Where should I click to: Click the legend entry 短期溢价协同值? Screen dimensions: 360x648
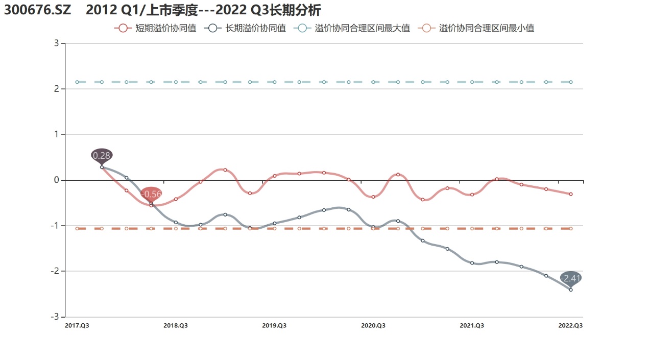tap(156, 29)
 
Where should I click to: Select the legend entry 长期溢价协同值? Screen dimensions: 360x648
tap(245, 29)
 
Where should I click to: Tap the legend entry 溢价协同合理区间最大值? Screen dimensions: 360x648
tap(352, 29)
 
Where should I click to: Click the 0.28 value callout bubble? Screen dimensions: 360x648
tap(102, 155)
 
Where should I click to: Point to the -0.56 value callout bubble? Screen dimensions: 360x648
tap(151, 194)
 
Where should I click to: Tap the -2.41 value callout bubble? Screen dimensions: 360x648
tap(570, 278)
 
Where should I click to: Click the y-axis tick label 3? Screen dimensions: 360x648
tap(55, 44)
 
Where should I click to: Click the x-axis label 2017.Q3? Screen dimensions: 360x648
tap(77, 325)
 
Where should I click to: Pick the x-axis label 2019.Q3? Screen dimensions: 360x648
tap(274, 325)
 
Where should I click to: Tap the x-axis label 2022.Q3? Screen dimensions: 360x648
tap(570, 325)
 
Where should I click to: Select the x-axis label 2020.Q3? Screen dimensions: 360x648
tap(373, 325)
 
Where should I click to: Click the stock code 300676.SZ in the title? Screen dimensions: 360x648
tap(38, 10)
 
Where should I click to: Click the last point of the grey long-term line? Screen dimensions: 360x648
tap(570, 290)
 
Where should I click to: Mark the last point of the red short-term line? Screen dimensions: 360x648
tap(570, 194)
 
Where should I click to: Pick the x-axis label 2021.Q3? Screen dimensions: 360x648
tap(472, 325)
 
